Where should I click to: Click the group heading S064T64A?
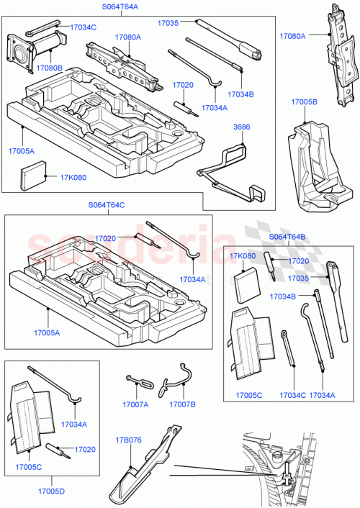point(119,8)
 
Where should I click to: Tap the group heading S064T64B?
point(287,237)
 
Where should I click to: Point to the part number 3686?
point(241,127)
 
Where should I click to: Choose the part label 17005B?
point(305,102)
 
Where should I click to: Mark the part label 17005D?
point(50,491)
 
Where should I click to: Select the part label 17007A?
point(135,404)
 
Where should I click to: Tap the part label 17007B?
point(183,404)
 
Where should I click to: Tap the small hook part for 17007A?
point(138,381)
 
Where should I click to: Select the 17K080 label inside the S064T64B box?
point(243,256)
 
